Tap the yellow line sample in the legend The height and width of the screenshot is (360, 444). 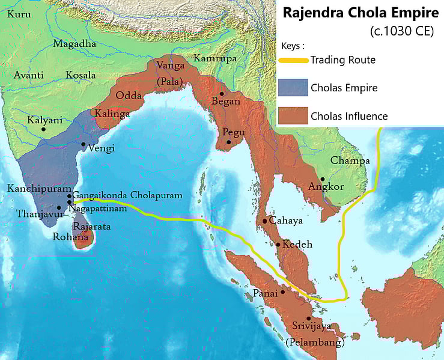pos(294,59)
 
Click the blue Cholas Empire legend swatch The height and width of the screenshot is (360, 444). pos(293,88)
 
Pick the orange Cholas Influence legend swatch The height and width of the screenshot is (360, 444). pos(293,116)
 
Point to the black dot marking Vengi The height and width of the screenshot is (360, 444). pos(83,145)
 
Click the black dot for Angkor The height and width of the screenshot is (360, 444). pos(323,179)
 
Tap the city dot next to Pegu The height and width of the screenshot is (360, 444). pos(228,142)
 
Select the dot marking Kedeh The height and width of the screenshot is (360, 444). pos(278,244)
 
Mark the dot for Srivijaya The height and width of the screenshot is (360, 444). pos(309,319)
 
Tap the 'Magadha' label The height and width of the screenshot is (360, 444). pos(75,44)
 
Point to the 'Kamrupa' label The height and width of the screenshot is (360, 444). pos(211,58)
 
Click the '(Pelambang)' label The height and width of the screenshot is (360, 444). pos(315,343)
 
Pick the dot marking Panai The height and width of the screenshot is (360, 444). pos(282,291)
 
